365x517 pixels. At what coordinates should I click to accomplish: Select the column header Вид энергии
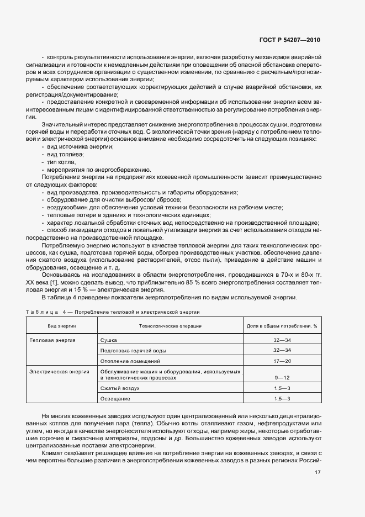coord(62,326)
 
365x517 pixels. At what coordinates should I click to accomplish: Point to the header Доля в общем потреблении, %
coord(282,326)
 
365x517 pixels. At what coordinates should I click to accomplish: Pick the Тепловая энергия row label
coord(52,340)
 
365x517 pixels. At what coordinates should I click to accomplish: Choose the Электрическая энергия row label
coord(59,372)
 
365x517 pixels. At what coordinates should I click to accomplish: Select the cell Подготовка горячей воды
coord(133,351)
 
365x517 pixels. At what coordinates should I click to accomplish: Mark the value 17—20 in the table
coord(282,361)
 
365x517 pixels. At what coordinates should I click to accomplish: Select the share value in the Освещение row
coord(282,399)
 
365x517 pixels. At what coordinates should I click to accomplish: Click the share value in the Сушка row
coord(282,340)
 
